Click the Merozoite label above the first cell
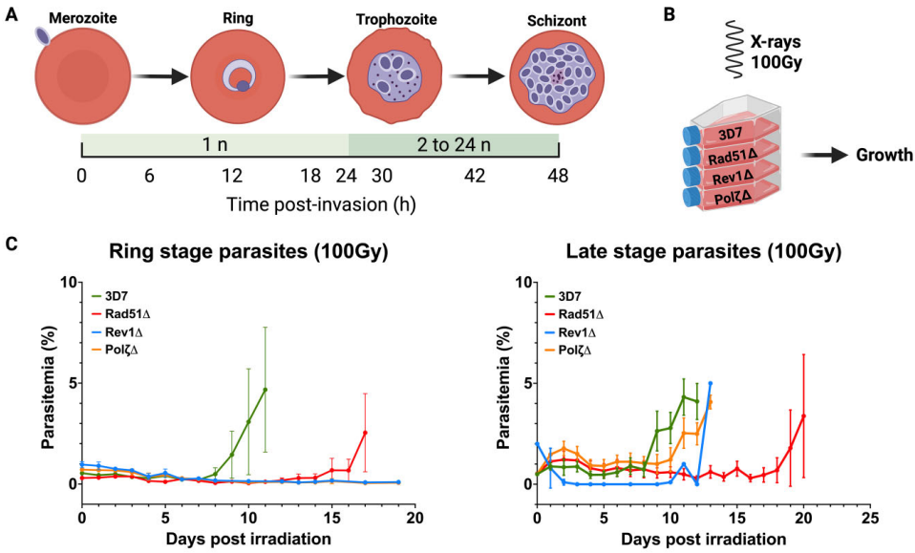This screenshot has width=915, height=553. (80, 19)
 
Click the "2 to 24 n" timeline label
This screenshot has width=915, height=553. (452, 146)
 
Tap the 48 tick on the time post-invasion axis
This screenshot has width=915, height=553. (558, 176)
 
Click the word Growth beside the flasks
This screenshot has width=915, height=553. (883, 154)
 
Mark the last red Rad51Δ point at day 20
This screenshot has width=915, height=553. (803, 415)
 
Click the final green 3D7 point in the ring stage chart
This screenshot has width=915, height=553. (265, 390)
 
